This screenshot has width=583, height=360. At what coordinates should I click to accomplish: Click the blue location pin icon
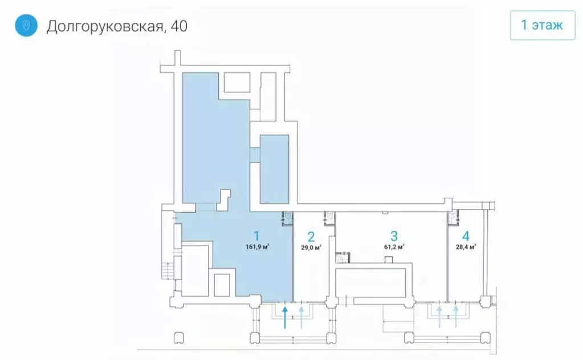[x=26, y=26]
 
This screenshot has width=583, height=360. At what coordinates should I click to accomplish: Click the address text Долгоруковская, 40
[x=117, y=26]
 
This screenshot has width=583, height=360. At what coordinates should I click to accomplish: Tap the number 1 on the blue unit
[x=257, y=235]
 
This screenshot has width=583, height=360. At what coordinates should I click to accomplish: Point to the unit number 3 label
[x=393, y=236]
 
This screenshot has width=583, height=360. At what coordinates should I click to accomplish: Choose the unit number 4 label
[x=466, y=236]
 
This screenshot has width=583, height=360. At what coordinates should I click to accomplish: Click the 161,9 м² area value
[x=257, y=247]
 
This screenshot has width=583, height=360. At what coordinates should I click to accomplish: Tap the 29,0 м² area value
[x=311, y=248]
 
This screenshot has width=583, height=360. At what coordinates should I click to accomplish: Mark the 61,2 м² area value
[x=393, y=247]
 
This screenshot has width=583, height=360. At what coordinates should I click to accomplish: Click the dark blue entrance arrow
[x=285, y=317]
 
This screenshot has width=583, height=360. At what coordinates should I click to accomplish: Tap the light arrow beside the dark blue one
[x=301, y=317]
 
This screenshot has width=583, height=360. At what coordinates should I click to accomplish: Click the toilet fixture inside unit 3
[x=343, y=257]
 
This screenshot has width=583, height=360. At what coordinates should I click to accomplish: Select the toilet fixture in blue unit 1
[x=288, y=217]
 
